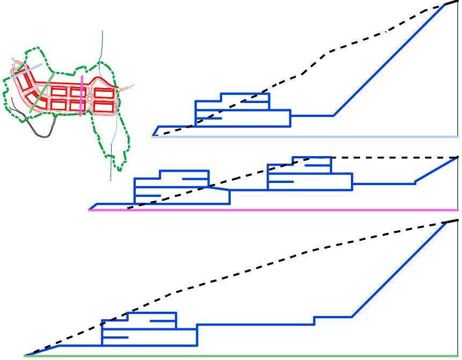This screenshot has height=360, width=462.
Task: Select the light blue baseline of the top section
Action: click(x=306, y=136)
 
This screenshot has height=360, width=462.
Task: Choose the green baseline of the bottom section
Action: click(x=241, y=355)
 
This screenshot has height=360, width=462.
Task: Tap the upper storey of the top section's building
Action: click(x=244, y=98)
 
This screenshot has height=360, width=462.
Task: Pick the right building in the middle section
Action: click(x=309, y=174)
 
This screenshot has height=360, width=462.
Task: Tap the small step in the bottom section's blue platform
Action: click(x=314, y=320)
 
